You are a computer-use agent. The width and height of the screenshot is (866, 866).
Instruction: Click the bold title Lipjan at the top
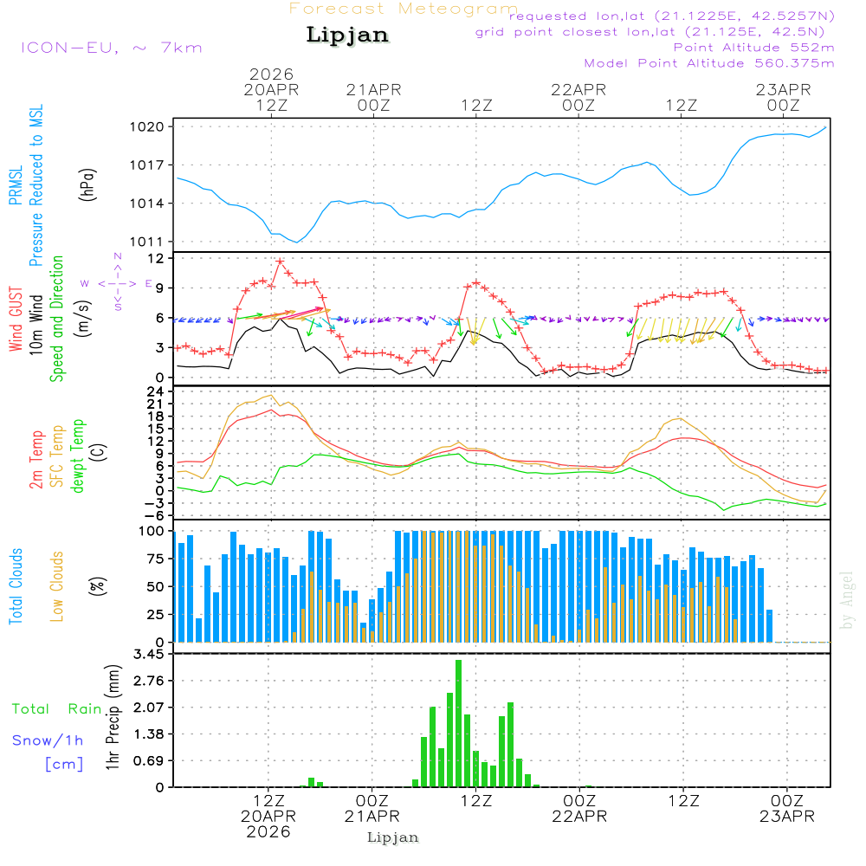(x=347, y=36)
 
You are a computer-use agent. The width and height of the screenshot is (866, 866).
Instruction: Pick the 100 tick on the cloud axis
(x=153, y=530)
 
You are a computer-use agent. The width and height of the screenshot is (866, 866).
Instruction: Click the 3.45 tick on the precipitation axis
(x=149, y=655)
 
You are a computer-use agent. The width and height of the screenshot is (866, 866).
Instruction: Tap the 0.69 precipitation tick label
(x=149, y=761)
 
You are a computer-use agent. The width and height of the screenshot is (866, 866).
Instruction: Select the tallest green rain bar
(x=458, y=723)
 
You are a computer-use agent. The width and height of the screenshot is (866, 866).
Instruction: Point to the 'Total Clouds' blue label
(x=15, y=586)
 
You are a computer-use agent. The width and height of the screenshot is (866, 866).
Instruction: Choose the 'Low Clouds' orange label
(x=57, y=586)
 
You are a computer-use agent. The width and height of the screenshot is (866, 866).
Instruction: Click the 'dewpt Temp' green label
(x=78, y=456)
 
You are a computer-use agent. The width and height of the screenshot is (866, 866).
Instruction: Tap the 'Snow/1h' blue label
(x=48, y=740)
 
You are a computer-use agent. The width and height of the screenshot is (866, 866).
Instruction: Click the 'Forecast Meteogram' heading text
(x=404, y=9)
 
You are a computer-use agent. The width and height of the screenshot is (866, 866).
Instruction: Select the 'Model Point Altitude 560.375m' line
(x=708, y=63)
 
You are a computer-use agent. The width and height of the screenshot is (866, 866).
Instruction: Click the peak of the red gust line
(x=280, y=261)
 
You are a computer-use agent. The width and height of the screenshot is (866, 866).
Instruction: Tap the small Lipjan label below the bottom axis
(x=393, y=837)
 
